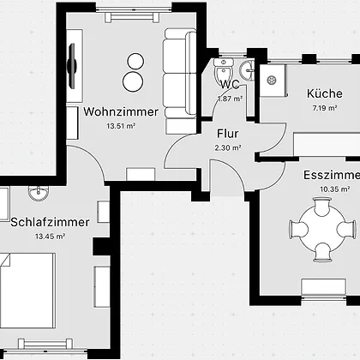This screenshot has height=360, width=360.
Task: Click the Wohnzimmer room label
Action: [121, 111]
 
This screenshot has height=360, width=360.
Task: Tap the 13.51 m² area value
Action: [121, 126]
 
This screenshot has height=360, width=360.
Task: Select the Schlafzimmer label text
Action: [50, 222]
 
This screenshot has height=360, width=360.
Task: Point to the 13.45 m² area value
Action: [50, 237]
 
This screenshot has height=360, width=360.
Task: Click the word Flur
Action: [228, 134]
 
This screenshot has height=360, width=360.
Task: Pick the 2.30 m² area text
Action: [228, 147]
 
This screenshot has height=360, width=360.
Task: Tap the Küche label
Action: [325, 93]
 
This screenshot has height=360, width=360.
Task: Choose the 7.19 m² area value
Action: [325, 108]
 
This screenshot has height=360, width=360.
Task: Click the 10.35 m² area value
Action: [335, 189]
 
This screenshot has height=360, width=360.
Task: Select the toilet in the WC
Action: [224, 70]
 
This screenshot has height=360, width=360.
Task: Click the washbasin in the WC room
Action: [247, 71]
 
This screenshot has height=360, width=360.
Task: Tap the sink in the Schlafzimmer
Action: [39, 193]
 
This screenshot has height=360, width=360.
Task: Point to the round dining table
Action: [322, 229]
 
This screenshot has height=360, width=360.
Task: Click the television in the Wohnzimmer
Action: [71, 65]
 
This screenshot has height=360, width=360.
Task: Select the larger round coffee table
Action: [133, 81]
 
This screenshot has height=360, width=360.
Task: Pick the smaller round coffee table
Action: [135, 61]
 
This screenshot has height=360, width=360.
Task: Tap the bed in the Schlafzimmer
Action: [27, 291]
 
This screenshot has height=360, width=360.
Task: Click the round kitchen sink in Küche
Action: [271, 81]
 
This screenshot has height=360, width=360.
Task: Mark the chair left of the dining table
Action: [299, 230]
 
